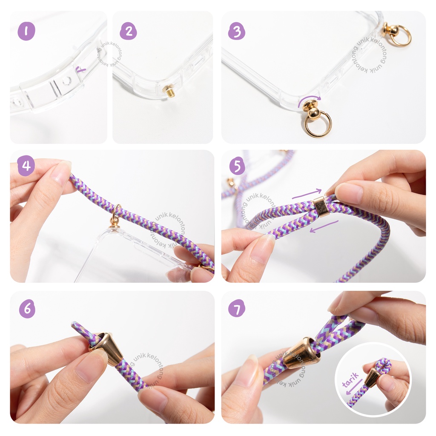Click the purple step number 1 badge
(x=26, y=31)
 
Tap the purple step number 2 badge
(x=128, y=31)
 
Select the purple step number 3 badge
(x=237, y=31)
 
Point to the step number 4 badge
(x=26, y=166)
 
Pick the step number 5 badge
(x=237, y=166)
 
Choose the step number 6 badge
(x=27, y=308)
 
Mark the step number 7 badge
(x=237, y=308)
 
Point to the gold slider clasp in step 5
(x=320, y=207)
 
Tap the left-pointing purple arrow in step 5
(x=324, y=227)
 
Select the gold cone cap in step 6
(x=106, y=348)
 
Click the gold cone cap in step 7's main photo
(x=301, y=353)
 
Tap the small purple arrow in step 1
(x=81, y=69)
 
